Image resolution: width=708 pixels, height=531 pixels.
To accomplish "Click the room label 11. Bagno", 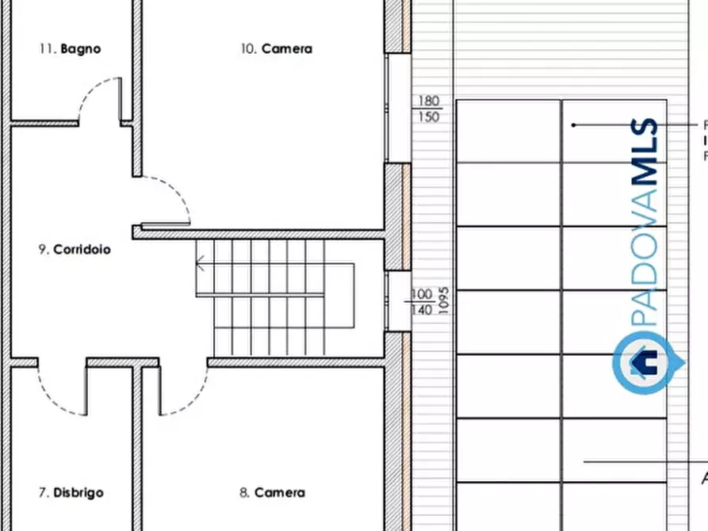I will click(70, 48).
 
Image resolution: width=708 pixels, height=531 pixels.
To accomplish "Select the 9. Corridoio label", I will click(75, 249).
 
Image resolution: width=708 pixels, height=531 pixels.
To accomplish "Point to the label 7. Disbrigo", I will click(71, 492).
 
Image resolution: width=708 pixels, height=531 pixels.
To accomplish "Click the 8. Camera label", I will click(271, 492).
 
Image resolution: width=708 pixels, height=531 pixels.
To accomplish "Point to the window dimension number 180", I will click(428, 101).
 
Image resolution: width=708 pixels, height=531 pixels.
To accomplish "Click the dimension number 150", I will click(428, 117).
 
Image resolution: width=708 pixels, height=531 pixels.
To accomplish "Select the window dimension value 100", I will click(422, 295).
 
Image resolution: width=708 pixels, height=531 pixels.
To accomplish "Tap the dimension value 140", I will click(422, 310).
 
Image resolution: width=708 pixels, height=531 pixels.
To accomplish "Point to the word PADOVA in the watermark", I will click(647, 262).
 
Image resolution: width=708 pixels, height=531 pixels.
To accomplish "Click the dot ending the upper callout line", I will click(573, 124).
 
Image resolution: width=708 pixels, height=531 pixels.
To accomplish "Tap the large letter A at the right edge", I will click(703, 478).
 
